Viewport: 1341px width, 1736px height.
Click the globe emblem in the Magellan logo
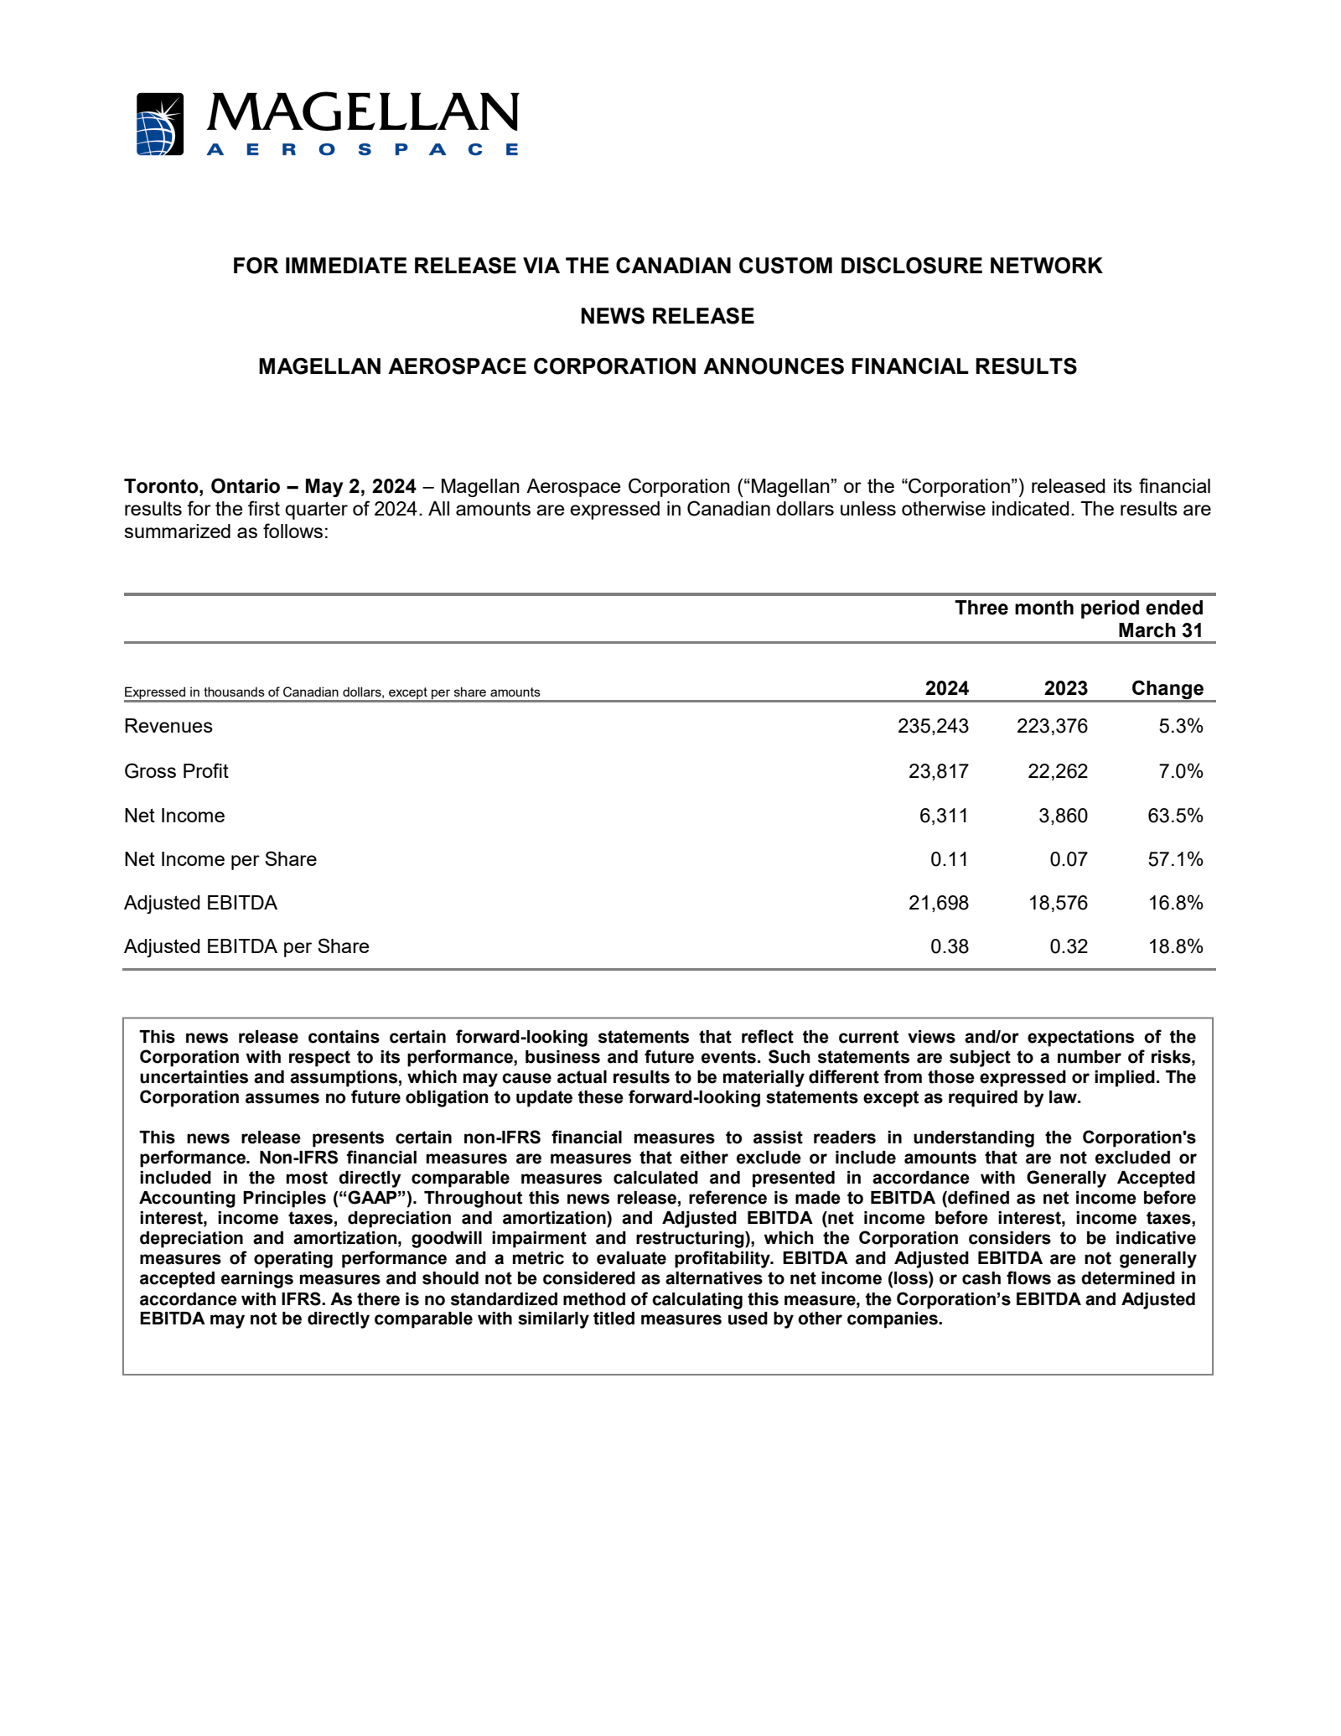pyautogui.click(x=159, y=124)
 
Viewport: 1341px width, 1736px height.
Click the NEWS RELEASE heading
pyautogui.click(x=667, y=316)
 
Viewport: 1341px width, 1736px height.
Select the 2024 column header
pyautogui.click(x=946, y=688)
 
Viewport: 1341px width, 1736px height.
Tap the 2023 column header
pyautogui.click(x=1065, y=688)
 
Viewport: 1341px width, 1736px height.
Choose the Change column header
pyautogui.click(x=1167, y=688)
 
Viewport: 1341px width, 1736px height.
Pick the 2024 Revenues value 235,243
pyautogui.click(x=933, y=726)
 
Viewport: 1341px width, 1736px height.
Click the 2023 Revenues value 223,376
pyautogui.click(x=1052, y=726)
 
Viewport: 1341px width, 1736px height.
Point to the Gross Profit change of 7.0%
pyautogui.click(x=1180, y=771)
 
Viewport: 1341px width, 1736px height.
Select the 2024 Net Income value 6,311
pyautogui.click(x=944, y=816)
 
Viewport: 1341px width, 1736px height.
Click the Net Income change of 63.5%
pyautogui.click(x=1175, y=816)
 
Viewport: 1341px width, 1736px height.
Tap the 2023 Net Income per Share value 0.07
pyautogui.click(x=1069, y=859)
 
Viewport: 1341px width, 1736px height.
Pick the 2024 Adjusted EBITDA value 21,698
pyautogui.click(x=939, y=903)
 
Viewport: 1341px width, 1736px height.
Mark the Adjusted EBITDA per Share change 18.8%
pyautogui.click(x=1175, y=946)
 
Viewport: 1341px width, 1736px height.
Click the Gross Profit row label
pyautogui.click(x=176, y=771)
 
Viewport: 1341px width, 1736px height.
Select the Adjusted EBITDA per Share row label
pyautogui.click(x=246, y=946)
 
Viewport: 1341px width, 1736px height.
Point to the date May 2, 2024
pyautogui.click(x=360, y=486)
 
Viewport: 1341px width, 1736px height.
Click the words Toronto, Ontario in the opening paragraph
pyautogui.click(x=202, y=486)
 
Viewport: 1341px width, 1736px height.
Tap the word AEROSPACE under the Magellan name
pyautogui.click(x=362, y=149)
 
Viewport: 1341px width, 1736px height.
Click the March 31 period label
pyautogui.click(x=1160, y=630)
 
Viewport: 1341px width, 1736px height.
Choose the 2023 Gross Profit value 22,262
pyautogui.click(x=1058, y=771)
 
